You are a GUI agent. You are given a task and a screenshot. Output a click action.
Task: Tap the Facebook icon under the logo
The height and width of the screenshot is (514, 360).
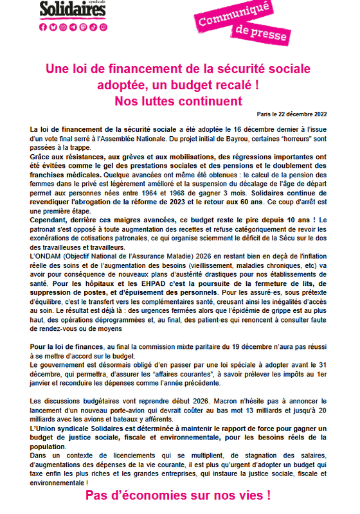(x=43, y=27)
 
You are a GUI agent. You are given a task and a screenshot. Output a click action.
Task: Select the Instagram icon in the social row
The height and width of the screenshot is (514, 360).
(x=62, y=27)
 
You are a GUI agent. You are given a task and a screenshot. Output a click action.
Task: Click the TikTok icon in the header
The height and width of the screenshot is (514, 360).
(x=93, y=27)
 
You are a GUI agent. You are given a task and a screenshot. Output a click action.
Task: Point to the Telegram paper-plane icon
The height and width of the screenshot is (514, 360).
(x=73, y=27)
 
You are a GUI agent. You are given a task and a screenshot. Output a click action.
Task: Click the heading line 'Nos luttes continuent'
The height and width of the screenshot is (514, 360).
(x=178, y=101)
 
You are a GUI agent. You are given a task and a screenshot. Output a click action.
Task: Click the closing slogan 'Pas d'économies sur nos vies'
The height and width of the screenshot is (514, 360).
(x=178, y=495)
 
